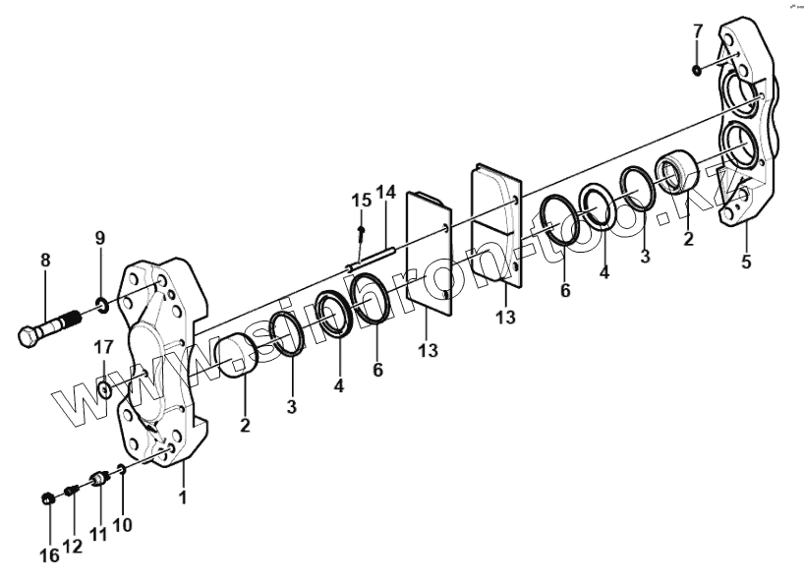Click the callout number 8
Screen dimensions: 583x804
tap(44, 261)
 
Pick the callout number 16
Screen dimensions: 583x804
tap(49, 555)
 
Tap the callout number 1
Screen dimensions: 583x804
tap(183, 498)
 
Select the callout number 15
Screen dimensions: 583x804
tap(361, 201)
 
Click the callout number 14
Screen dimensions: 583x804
tap(385, 191)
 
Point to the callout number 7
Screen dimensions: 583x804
tap(697, 30)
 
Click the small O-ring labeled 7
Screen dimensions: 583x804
tap(697, 69)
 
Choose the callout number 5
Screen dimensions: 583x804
tap(747, 262)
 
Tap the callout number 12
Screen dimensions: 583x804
tap(72, 546)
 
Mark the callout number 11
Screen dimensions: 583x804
tap(98, 535)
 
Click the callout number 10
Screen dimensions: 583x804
tap(123, 524)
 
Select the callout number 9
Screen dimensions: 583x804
tap(99, 238)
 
